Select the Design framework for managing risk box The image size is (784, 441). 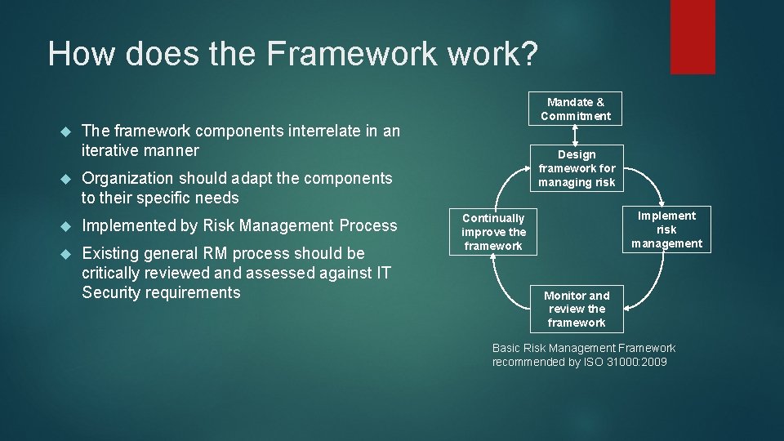577,168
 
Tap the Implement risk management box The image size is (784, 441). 666,229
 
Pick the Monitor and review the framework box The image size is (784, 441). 577,309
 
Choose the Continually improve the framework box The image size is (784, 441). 493,231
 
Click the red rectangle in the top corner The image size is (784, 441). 693,37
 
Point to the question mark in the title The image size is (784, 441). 528,54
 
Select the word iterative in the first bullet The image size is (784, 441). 109,150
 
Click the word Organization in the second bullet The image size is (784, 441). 127,178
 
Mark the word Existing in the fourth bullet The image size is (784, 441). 109,253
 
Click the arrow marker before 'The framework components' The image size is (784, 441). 67,131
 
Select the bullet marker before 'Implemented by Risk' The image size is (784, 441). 67,226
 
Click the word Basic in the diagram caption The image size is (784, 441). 507,348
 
